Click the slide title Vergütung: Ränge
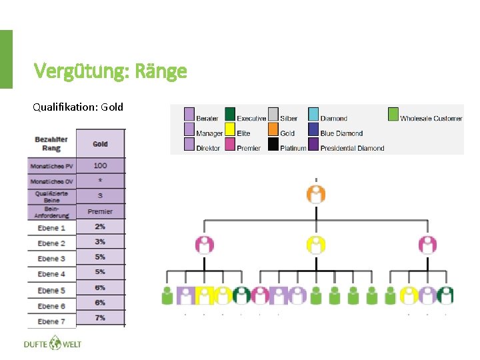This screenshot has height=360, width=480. pyautogui.click(x=110, y=71)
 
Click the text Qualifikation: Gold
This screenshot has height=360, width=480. pyautogui.click(x=78, y=107)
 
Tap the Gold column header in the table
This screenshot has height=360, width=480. pyautogui.click(x=101, y=143)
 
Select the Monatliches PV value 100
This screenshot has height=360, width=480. pyautogui.click(x=101, y=165)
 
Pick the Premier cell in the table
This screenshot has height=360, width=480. pyautogui.click(x=101, y=211)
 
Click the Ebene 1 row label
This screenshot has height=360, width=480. pyautogui.click(x=51, y=228)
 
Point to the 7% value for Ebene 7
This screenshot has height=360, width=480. pyautogui.click(x=101, y=318)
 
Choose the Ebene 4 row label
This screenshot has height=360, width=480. pyautogui.click(x=51, y=274)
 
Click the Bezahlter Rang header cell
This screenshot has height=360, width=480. pyautogui.click(x=51, y=143)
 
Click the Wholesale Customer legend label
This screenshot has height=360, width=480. pyautogui.click(x=431, y=119)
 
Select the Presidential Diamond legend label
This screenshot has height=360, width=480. pyautogui.click(x=352, y=148)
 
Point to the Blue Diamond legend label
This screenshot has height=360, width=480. pyautogui.click(x=341, y=133)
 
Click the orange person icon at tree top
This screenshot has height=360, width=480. pyautogui.click(x=316, y=194)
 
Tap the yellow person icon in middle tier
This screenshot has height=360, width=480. pyautogui.click(x=316, y=245)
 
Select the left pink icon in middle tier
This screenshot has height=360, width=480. pyautogui.click(x=205, y=245)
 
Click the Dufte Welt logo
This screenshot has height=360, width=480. pyautogui.click(x=52, y=344)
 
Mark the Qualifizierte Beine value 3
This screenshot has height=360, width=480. pyautogui.click(x=101, y=195)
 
